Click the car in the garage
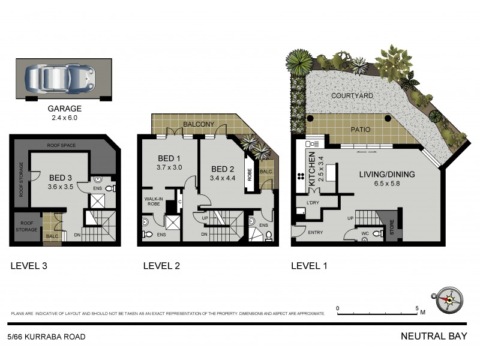60,79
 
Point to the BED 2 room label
222,169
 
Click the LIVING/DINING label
386,174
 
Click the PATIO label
359,130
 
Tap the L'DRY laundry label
313,203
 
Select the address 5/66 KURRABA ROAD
47,337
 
